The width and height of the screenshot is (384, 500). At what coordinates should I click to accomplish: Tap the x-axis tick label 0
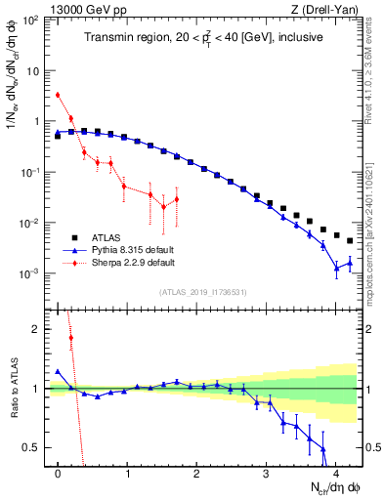59,474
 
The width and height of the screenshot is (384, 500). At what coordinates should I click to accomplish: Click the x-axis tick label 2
197,474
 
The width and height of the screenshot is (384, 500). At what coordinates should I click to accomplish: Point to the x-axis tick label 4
336,474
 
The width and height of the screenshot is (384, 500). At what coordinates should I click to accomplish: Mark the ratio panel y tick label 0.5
35,447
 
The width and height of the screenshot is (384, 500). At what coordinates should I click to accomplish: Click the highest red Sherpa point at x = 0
59,95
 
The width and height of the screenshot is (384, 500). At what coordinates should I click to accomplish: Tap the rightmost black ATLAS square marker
350,240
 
